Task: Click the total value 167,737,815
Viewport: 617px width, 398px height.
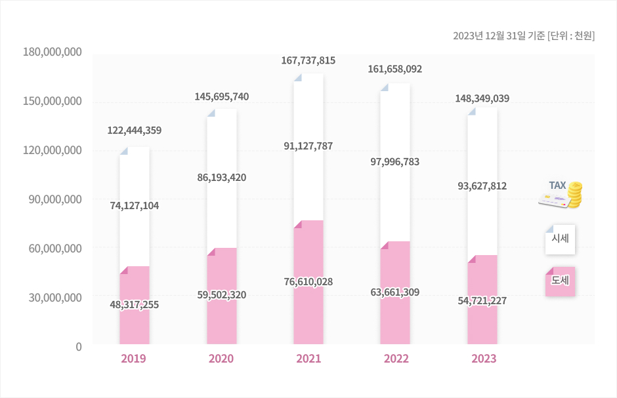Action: (x=308, y=61)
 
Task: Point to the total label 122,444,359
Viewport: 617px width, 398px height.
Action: (x=135, y=130)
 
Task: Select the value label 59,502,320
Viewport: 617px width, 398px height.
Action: (x=222, y=295)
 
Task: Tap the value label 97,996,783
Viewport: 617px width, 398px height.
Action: (x=395, y=162)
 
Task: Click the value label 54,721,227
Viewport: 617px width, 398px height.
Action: (x=482, y=300)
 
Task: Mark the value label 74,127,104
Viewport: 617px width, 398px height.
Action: (x=135, y=206)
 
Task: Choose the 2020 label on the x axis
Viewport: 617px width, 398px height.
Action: (x=221, y=359)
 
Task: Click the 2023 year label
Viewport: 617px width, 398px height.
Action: (x=482, y=359)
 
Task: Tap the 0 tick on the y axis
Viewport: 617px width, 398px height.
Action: (x=78, y=346)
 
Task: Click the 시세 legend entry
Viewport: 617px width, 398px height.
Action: (x=560, y=239)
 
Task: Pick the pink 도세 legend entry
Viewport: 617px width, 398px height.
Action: (x=560, y=281)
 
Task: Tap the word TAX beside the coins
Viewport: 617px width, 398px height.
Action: (x=557, y=186)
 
